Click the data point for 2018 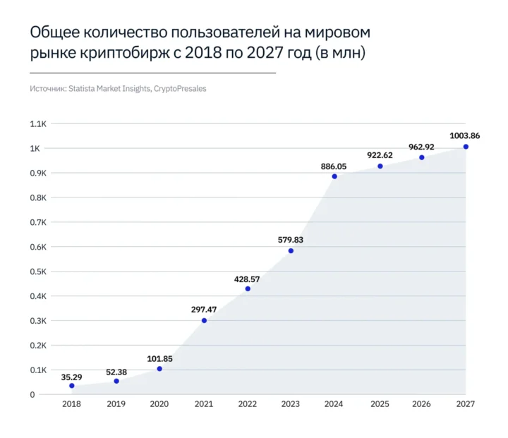72,386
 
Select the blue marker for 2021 205,321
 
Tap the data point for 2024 334,176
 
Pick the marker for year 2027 466,147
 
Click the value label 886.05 334,166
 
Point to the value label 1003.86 465,135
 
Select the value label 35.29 72,377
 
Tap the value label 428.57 248,279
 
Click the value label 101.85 159,358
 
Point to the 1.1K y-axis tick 37,124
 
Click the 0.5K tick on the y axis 37,272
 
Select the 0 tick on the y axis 32,395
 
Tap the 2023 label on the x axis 290,404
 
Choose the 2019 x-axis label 116,404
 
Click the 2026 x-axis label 421,404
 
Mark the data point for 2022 248,288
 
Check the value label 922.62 380,155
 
